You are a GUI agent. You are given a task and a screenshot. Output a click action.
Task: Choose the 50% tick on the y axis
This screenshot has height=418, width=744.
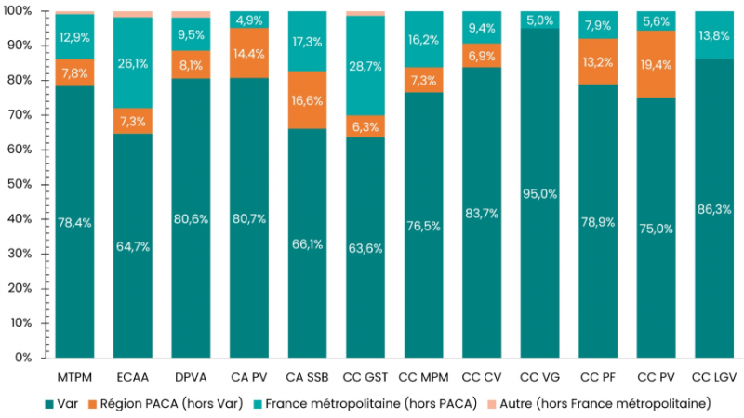tap(21, 184)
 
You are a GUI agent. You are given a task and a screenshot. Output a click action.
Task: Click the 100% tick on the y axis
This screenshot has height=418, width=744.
tap(19, 11)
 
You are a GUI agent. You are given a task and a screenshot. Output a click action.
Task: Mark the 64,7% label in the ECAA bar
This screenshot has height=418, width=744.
tap(132, 246)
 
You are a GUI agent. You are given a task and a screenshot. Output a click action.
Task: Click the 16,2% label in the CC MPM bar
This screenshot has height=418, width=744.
tap(422, 41)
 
